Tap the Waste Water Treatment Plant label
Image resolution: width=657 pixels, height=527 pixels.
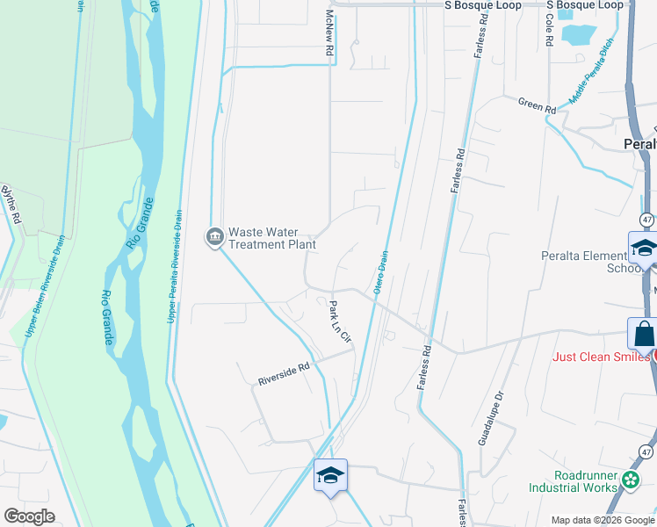coord(271,238)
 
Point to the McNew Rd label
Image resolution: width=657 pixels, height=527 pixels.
coord(331,35)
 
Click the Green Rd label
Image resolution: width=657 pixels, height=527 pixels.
coord(537,106)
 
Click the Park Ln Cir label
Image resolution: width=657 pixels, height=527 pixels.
coord(340,321)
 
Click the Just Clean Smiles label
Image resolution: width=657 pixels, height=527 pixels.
coord(602,357)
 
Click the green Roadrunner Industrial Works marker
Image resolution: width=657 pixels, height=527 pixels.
coord(631,480)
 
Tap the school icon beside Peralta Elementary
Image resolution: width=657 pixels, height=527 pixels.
coord(644,247)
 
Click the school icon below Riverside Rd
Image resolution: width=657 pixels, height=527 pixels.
coord(331,476)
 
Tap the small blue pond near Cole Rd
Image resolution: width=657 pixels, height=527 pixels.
coord(579,35)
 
